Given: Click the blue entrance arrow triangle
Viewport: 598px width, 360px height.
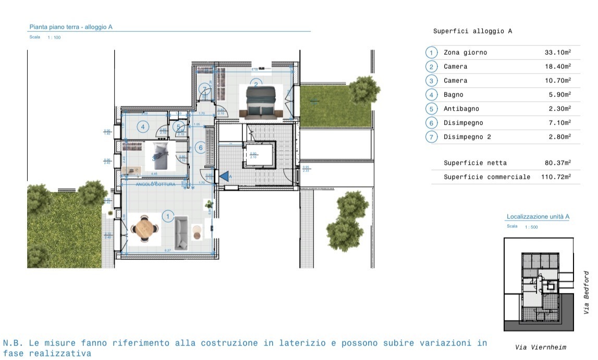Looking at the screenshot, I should coord(224,177).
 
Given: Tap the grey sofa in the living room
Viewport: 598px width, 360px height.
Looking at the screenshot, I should coord(181,233).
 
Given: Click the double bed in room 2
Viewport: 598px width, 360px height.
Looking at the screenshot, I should coord(260,103).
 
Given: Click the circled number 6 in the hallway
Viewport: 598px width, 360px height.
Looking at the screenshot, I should coord(200,148).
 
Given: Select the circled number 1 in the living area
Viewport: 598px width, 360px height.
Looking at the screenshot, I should coord(168,216).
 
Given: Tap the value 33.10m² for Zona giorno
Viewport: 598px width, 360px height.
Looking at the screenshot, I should coord(557,53).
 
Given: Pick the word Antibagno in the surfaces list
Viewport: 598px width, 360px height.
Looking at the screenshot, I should coord(461,109).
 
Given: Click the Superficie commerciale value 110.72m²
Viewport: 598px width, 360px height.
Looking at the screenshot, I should coord(557,177).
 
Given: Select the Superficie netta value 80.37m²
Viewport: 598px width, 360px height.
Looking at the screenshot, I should coord(557,163).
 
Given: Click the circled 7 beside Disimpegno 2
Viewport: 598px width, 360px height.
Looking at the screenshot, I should coord(431,137).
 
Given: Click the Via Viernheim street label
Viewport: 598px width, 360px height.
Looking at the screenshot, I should coord(540,347).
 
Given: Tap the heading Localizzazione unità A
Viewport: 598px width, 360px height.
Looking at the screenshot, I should coord(538,217).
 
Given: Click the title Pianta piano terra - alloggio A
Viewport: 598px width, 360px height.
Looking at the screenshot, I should coord(71,27).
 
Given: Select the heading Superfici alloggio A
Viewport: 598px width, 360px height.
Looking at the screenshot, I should coord(472,31).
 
